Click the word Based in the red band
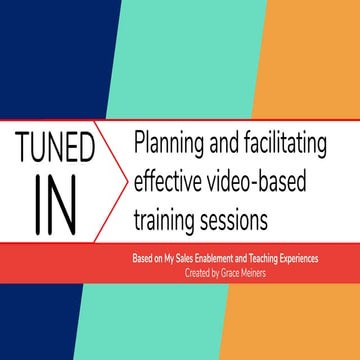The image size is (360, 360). pyautogui.click(x=143, y=257)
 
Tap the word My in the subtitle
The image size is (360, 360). pyautogui.click(x=173, y=257)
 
